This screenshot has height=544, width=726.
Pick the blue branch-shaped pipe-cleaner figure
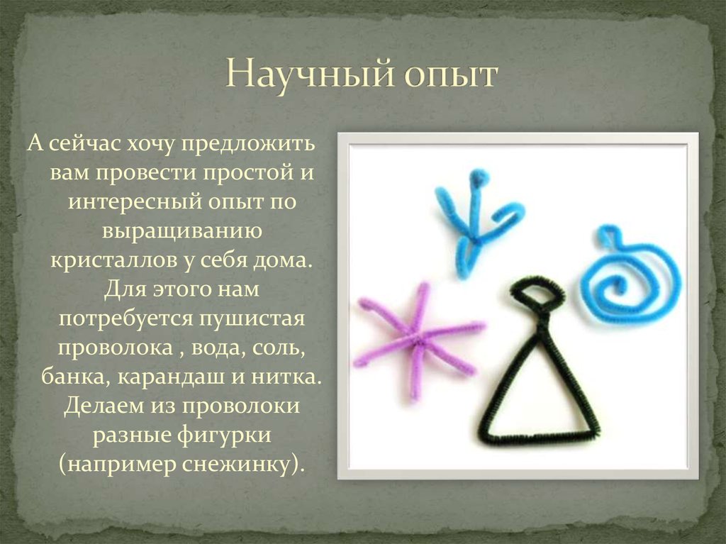(474, 220)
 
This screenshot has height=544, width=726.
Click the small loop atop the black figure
(538, 292)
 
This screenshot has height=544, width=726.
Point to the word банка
(70, 376)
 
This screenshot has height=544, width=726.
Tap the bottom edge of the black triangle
(539, 437)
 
